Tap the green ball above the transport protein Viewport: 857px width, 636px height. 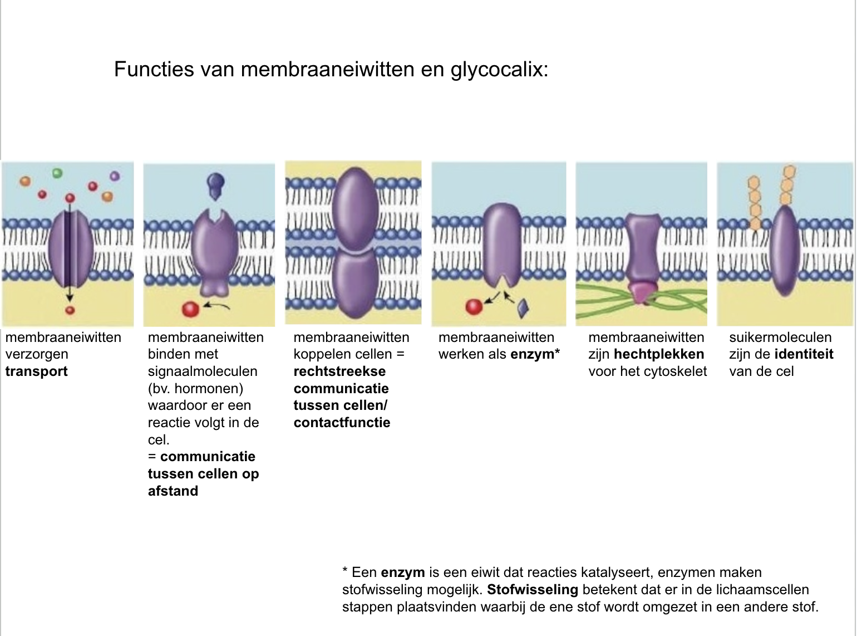(x=57, y=173)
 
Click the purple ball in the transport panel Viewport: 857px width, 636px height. (x=115, y=176)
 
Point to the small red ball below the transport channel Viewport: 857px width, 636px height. (x=70, y=310)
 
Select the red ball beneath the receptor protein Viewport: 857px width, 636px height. (x=190, y=309)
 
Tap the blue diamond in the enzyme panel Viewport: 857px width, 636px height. (x=523, y=307)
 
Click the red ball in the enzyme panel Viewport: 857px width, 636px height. (x=474, y=306)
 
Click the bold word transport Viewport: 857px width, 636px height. (x=37, y=371)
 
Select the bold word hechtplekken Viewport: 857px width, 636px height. (x=659, y=354)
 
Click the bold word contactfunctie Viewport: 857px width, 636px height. (x=342, y=423)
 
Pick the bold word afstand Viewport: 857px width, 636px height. (x=173, y=491)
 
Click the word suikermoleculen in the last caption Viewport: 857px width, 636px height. (x=780, y=337)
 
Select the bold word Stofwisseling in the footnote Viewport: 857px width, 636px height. (x=533, y=590)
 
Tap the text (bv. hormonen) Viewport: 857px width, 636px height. (x=195, y=389)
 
